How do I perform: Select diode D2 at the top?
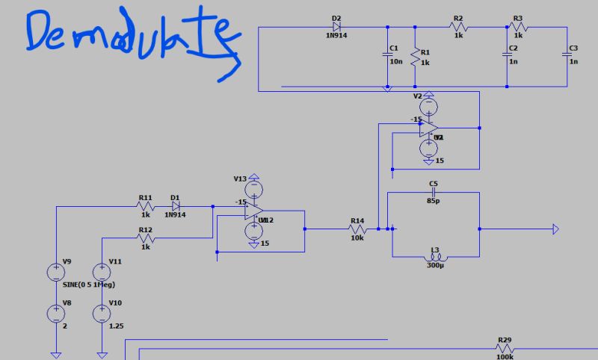336,28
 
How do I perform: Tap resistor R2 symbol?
458,28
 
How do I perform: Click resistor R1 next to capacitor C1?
415,58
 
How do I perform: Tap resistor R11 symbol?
145,206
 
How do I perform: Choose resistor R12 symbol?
145,238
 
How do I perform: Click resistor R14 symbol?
357,229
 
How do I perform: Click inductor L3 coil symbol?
434,256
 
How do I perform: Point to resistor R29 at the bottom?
505,348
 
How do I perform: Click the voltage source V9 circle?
55,272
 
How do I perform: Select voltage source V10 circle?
100,313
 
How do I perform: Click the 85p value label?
433,200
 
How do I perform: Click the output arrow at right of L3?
555,229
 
